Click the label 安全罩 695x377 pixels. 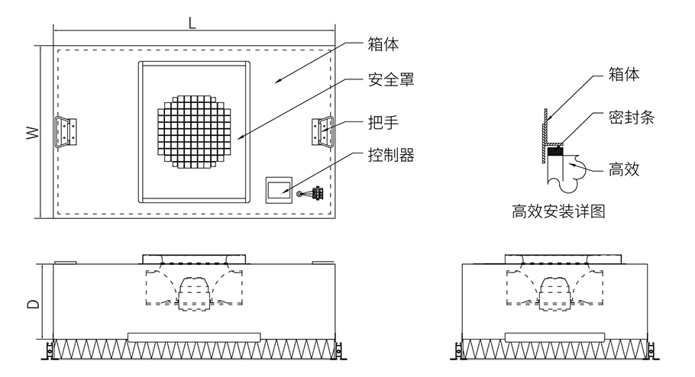[392, 79]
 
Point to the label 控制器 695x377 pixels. [392, 155]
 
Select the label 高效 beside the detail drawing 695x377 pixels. [624, 169]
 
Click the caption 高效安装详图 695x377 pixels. [559, 211]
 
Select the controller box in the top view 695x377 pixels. [278, 188]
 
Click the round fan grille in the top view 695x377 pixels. [194, 131]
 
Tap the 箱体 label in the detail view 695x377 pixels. [624, 74]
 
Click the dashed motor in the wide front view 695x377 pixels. [194, 290]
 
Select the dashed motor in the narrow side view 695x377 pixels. [556, 290]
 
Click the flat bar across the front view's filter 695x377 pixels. [194, 336]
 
